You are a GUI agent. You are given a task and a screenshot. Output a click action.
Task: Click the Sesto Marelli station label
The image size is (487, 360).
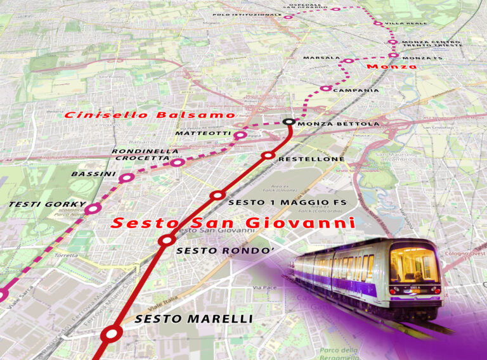(x=193, y=319)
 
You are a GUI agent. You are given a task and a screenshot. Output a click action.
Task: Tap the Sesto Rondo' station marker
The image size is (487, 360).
(x=167, y=240)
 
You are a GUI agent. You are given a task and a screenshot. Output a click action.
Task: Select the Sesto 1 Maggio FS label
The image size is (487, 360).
(x=287, y=202)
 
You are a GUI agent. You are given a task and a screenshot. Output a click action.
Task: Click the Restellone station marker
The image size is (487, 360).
(x=268, y=155)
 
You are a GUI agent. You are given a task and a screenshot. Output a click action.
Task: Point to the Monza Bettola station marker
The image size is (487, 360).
(x=289, y=122)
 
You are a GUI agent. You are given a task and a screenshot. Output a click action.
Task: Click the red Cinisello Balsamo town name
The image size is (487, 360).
(x=150, y=115)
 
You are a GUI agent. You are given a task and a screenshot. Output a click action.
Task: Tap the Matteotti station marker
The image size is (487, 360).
(x=240, y=135)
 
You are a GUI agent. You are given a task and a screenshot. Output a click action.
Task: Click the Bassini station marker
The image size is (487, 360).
(x=126, y=178)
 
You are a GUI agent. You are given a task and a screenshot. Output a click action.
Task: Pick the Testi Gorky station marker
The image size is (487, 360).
(x=94, y=208)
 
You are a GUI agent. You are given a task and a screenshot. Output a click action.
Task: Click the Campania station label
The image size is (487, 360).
(x=356, y=91)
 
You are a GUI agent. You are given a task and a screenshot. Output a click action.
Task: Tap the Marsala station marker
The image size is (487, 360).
(x=347, y=61)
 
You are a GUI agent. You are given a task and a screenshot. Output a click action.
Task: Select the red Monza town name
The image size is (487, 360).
(x=391, y=67)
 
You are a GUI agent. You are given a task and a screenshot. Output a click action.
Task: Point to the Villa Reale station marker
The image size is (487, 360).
(x=378, y=23)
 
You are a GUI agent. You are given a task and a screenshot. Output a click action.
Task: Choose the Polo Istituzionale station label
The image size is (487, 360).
(x=247, y=14)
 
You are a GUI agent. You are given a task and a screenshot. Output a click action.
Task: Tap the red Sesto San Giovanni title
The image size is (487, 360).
(x=233, y=224)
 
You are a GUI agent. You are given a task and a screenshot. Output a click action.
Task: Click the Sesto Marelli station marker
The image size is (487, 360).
(x=113, y=333)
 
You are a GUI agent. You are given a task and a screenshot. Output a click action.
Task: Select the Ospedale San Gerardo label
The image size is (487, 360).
(x=308, y=6)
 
